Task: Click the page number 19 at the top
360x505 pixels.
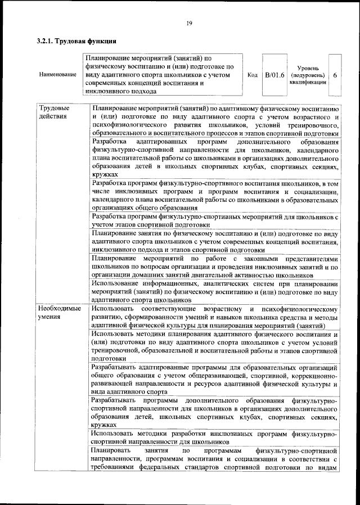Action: click(x=189, y=22)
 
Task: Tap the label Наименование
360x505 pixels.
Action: click(x=57, y=74)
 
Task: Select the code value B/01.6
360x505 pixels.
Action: click(x=275, y=74)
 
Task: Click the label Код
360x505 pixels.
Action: click(x=253, y=74)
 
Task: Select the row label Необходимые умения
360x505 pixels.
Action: click(x=58, y=314)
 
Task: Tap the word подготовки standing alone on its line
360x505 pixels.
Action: click(x=109, y=358)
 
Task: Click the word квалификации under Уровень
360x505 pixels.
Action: click(x=308, y=82)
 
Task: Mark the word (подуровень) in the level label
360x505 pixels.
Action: click(x=308, y=74)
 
